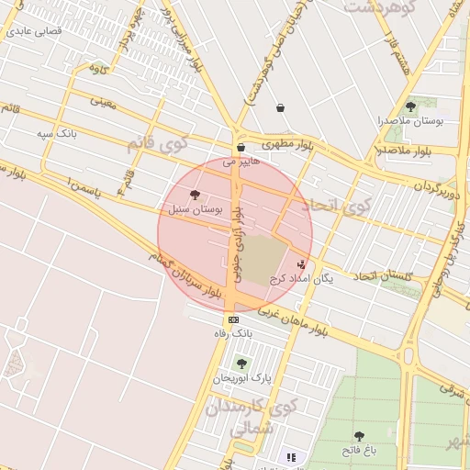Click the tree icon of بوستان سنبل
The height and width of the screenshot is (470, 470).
pos(195,195)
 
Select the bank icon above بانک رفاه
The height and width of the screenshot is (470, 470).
pos(232,319)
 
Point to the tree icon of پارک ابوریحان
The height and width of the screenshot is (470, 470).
pos(241,364)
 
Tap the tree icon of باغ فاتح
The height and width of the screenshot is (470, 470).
pos(359,436)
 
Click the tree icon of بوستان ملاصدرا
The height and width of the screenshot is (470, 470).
pos(410,106)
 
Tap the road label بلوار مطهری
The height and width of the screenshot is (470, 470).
pos(287,145)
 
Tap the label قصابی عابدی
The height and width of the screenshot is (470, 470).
pos(34,30)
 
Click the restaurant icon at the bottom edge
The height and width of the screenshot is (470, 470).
pos(291,457)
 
